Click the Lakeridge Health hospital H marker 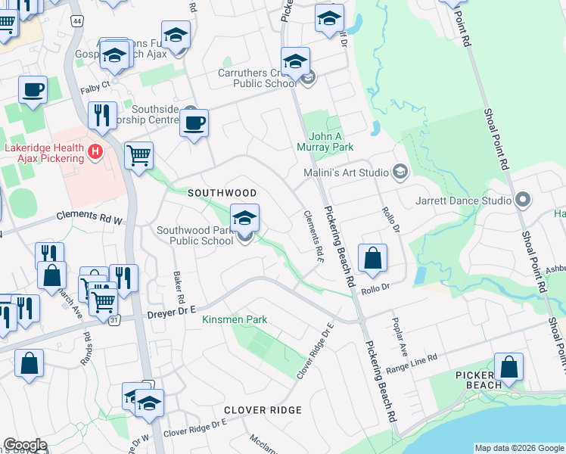95,152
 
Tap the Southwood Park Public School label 195,235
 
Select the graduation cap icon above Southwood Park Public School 244,219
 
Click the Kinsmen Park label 235,320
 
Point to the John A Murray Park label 331,141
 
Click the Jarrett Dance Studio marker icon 522,201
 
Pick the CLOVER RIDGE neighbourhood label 263,410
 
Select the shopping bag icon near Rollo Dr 373,259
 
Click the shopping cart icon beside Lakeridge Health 139,157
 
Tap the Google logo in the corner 25,445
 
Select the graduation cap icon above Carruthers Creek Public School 295,61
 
